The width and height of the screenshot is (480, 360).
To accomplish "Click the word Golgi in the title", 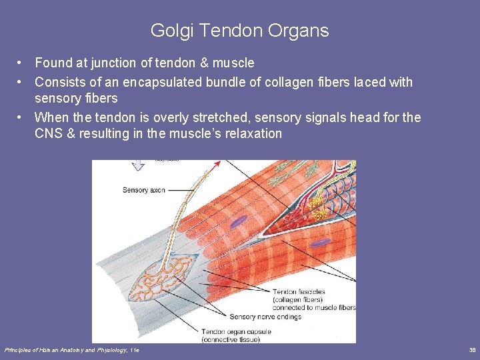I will click(x=167, y=31).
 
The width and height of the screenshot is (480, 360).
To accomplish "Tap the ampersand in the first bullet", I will click(x=203, y=63).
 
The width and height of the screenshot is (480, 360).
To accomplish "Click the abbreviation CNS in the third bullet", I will click(x=49, y=133).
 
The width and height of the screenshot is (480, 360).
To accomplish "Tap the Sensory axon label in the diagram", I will click(x=143, y=191).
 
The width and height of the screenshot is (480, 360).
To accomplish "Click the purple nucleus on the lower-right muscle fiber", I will click(x=321, y=243).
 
